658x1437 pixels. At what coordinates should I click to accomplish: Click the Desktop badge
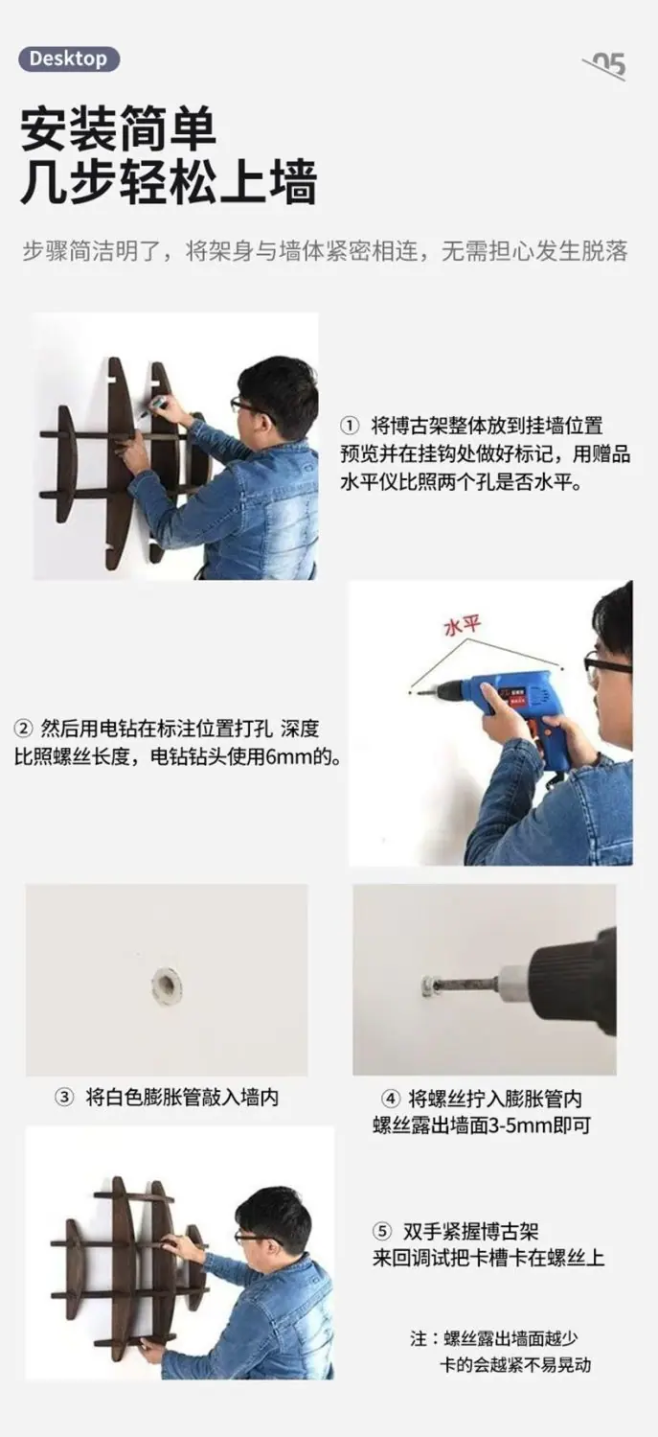[69, 59]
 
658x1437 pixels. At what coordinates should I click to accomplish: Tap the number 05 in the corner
[608, 65]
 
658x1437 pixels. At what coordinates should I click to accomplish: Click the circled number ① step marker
[350, 427]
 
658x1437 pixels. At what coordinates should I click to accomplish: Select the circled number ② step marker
[23, 729]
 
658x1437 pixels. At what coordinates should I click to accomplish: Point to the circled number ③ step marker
[63, 1098]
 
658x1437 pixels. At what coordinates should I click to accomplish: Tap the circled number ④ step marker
[390, 1099]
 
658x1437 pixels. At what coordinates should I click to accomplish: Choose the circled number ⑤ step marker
[382, 1231]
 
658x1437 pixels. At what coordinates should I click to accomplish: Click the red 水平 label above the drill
[463, 625]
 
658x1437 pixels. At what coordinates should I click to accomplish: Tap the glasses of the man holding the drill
[606, 663]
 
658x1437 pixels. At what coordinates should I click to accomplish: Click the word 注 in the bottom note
[419, 1339]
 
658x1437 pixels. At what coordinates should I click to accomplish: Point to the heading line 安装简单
[119, 129]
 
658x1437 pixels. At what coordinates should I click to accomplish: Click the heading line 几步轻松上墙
[169, 184]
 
